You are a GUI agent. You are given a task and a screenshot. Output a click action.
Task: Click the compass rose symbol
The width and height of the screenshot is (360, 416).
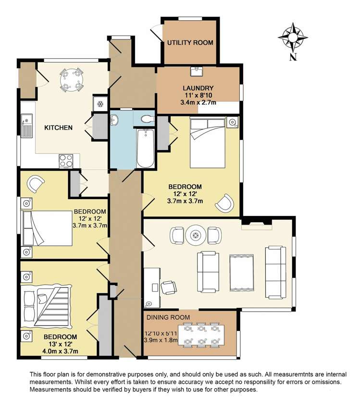tap(293, 38)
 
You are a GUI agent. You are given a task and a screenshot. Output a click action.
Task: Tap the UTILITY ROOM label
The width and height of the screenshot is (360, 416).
tap(190, 42)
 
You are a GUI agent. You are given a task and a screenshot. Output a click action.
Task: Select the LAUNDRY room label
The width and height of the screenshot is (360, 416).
tap(198, 88)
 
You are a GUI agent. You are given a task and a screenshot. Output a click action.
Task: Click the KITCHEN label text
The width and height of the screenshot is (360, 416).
tap(58, 127)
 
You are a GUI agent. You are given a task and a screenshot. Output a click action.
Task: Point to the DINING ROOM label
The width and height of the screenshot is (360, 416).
tap(168, 317)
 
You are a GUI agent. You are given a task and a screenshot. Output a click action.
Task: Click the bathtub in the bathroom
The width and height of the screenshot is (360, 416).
tap(145, 148)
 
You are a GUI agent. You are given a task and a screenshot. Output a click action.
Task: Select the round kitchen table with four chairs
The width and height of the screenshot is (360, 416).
tap(71, 79)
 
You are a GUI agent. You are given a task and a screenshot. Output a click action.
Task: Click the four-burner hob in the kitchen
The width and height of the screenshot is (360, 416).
tap(66, 161)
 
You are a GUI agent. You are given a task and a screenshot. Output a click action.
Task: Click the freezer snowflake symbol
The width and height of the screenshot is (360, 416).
tap(100, 104)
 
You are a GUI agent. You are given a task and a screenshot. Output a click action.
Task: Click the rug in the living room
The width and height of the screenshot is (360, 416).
tap(241, 273)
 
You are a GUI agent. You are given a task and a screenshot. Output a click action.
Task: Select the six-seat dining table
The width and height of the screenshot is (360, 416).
tap(201, 335)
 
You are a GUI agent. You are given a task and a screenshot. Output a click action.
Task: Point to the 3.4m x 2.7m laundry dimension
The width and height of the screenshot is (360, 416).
tap(198, 102)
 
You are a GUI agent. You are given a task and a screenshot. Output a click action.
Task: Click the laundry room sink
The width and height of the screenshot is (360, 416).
tap(197, 71)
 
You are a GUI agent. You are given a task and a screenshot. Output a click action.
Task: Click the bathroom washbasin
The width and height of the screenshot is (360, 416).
tap(114, 120)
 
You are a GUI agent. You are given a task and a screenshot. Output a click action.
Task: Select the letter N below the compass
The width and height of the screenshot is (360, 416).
tap(293, 57)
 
